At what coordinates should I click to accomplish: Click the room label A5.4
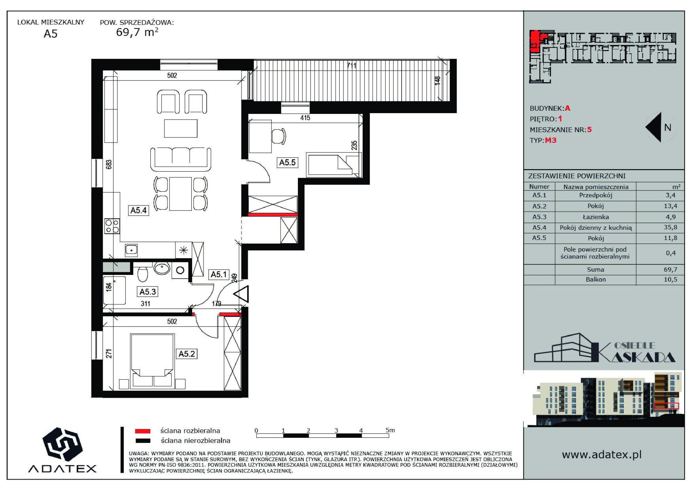tap(139, 210)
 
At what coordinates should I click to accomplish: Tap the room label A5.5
tap(287, 162)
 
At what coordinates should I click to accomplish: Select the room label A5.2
tap(187, 354)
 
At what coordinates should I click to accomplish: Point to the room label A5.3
tap(148, 292)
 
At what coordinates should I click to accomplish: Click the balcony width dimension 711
tap(351, 65)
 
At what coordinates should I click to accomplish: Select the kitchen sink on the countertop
tap(131, 250)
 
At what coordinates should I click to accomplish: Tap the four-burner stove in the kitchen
tap(112, 226)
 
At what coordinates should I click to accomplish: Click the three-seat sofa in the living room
tap(181, 159)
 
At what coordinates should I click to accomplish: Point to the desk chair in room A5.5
tap(279, 136)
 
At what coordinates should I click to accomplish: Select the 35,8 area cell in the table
tap(670, 227)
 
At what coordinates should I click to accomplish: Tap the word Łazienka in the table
tap(596, 217)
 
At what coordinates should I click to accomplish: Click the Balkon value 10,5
tap(670, 279)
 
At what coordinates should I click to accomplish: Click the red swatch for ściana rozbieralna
tap(143, 431)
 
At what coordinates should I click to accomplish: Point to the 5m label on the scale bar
tap(390, 430)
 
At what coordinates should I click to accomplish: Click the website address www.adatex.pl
tap(602, 455)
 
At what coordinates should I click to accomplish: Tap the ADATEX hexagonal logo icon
tap(62, 444)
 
